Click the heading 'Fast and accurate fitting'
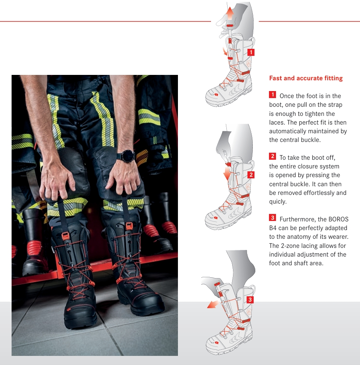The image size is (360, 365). click(306, 78)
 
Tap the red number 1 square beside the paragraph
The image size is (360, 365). click(273, 94)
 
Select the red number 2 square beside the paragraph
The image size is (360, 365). click(273, 156)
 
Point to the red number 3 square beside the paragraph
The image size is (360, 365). click(273, 218)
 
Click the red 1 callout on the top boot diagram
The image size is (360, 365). click(251, 53)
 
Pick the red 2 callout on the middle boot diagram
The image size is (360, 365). click(251, 175)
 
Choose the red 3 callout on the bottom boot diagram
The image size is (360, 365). click(250, 300)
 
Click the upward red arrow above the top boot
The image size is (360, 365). click(230, 13)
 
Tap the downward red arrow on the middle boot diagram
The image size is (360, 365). click(227, 174)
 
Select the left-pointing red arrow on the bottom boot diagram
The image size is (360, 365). click(213, 304)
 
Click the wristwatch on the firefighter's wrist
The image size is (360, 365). click(127, 156)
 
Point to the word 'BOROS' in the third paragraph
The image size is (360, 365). click(338, 219)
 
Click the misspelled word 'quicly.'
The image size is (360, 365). click(278, 202)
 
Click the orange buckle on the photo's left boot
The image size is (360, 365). click(65, 235)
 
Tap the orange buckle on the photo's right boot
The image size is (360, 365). click(129, 226)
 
